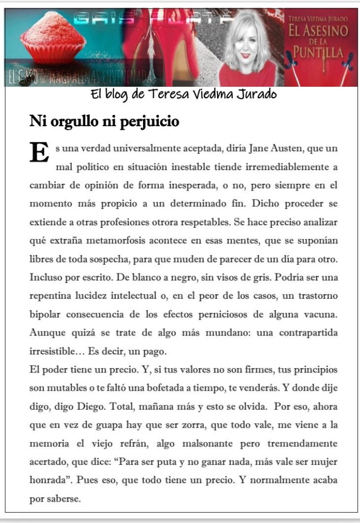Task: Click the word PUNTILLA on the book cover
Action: click(x=318, y=52)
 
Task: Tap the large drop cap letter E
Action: click(x=39, y=152)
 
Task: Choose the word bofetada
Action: click(x=174, y=387)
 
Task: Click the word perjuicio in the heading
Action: click(x=149, y=122)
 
